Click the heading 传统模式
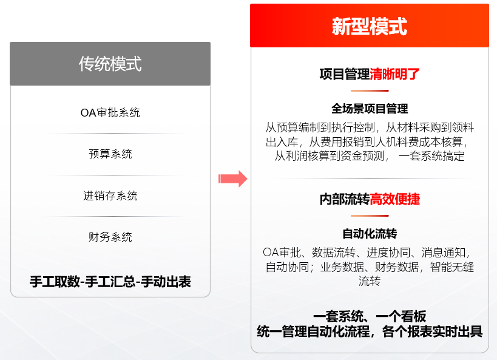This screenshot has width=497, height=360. pos(110,64)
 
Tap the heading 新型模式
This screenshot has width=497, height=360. pos(369,26)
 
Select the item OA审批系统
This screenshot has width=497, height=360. pos(110,112)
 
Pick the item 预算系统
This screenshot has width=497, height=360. pos(110,154)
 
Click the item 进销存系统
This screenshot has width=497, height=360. pos(110,195)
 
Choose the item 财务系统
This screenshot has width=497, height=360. pos(110,237)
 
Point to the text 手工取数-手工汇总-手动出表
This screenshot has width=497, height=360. pos(110,282)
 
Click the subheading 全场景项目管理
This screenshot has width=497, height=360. pos(370,109)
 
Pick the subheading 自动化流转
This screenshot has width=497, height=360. pos(370,234)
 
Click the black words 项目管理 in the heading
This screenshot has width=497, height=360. pos(344,74)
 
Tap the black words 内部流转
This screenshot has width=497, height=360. pos(344,199)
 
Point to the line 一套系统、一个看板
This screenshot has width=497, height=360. pos(370,316)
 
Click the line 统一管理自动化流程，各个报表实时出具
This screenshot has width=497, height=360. pos(370,331)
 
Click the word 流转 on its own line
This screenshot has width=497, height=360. pos(370,281)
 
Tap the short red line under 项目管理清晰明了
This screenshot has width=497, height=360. pos(370,90)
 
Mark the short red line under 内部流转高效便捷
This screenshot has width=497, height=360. pos(370,216)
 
